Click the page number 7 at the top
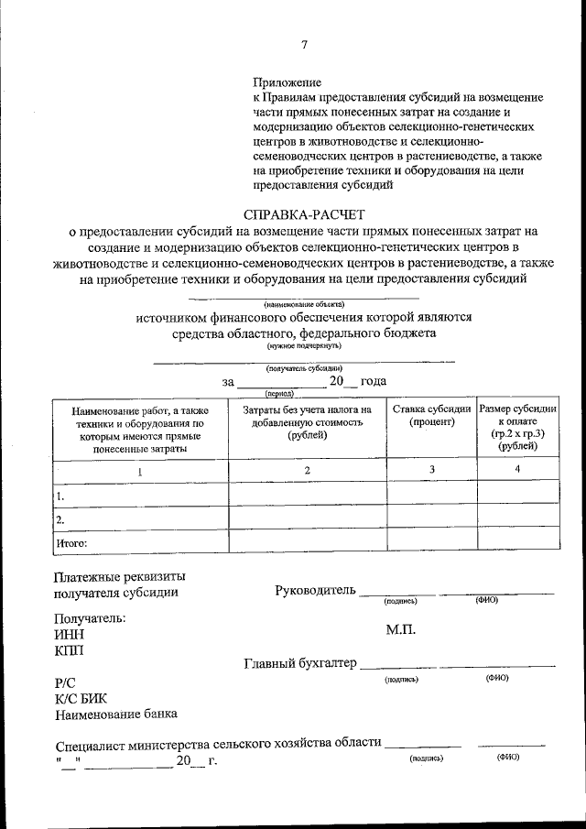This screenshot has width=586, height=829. click(304, 45)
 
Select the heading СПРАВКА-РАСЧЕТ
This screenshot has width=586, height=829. click(303, 214)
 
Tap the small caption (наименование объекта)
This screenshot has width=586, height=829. click(303, 302)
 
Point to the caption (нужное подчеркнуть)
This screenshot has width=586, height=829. click(303, 346)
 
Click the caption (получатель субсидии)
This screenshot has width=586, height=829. click(303, 368)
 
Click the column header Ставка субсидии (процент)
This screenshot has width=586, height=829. click(431, 415)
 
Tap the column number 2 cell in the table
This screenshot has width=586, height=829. click(307, 469)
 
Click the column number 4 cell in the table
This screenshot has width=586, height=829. click(517, 469)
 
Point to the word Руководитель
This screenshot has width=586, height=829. click(314, 590)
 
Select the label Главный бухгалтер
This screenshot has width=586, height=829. click(300, 663)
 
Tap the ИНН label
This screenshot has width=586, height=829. click(69, 634)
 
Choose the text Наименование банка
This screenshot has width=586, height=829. click(115, 714)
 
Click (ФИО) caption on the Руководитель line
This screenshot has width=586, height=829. click(485, 600)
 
